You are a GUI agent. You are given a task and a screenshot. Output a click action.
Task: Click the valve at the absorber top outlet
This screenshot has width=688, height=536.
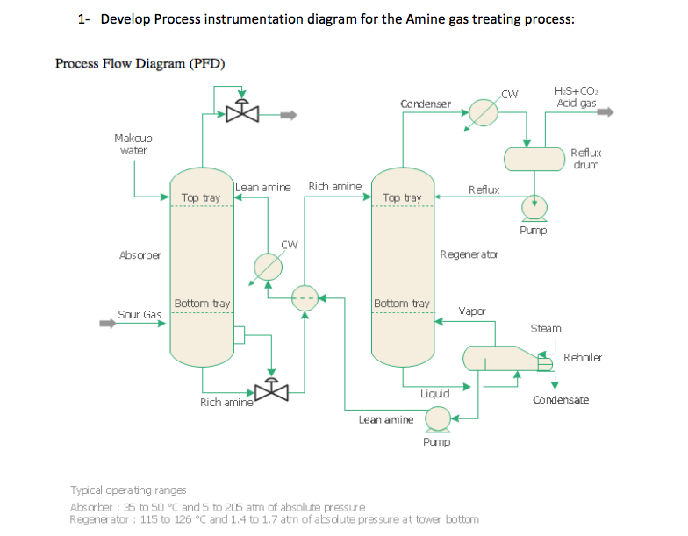[x=242, y=111]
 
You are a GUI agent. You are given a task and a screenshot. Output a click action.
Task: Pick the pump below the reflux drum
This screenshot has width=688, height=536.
[x=533, y=208]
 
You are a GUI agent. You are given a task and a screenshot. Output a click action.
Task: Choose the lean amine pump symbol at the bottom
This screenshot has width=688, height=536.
[x=436, y=421]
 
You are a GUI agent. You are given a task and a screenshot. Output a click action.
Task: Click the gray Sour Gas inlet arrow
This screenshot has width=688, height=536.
[x=106, y=322]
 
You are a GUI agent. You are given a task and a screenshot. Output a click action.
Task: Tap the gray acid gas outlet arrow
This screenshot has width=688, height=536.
[x=606, y=111]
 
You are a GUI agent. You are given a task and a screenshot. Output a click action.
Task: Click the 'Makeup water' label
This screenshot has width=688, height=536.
[x=133, y=144]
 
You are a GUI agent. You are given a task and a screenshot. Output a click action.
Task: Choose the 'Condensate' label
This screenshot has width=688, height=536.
[x=561, y=400]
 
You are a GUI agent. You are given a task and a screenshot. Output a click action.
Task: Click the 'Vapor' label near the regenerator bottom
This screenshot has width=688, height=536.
[x=471, y=311]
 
